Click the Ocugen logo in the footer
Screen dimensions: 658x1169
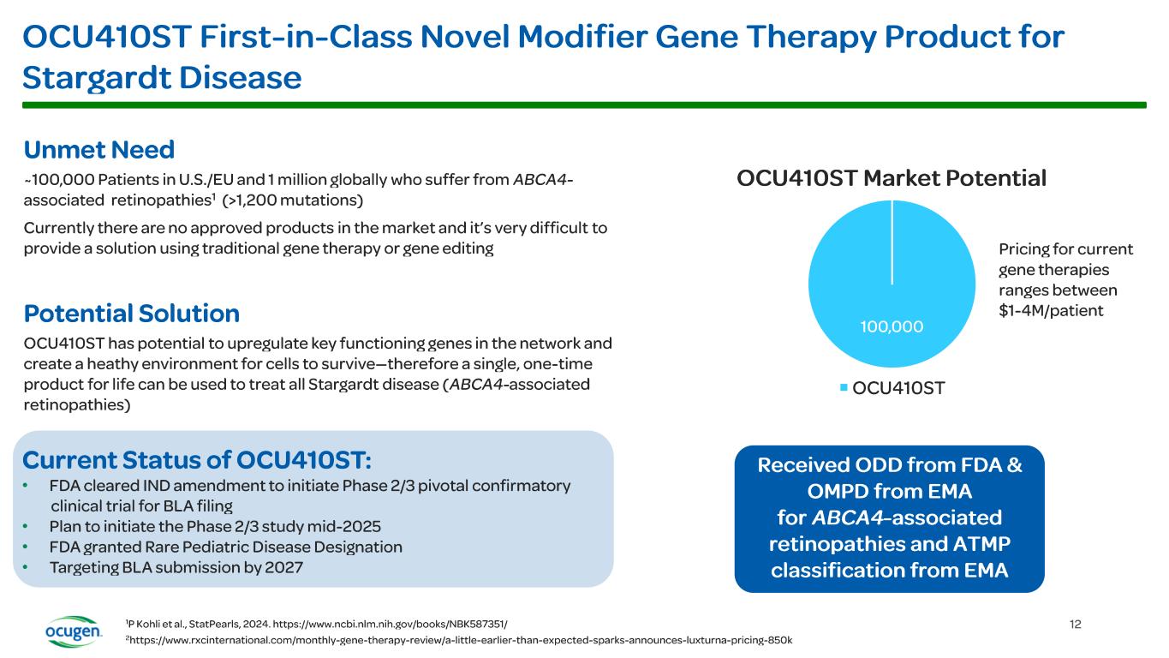pos(74,632)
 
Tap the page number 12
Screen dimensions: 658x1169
pos(1076,624)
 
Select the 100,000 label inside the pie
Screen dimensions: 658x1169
pos(892,326)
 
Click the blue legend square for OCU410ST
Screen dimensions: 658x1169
pos(844,388)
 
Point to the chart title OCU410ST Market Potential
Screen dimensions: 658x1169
pos(892,179)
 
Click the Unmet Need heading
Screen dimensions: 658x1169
pos(99,150)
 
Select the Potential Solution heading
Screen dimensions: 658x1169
pos(131,313)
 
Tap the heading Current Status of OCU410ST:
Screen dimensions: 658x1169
pos(197,460)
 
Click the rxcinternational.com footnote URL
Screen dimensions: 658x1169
pos(462,641)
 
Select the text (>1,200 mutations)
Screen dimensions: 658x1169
pos(292,200)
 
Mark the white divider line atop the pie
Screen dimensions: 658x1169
pos(892,242)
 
